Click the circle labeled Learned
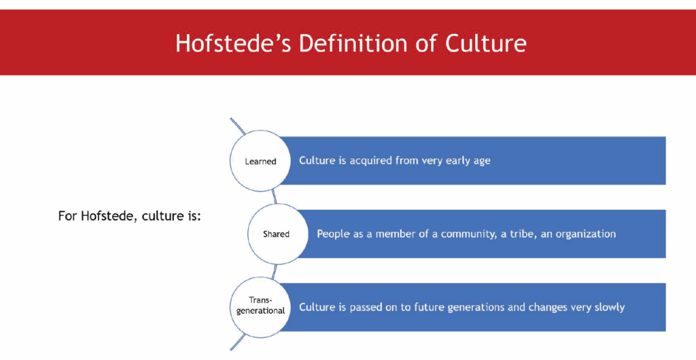tap(261, 162)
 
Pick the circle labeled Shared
tap(276, 234)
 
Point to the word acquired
tap(371, 161)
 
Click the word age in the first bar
tap(481, 162)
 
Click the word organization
tap(587, 234)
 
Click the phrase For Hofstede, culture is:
tap(130, 217)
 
